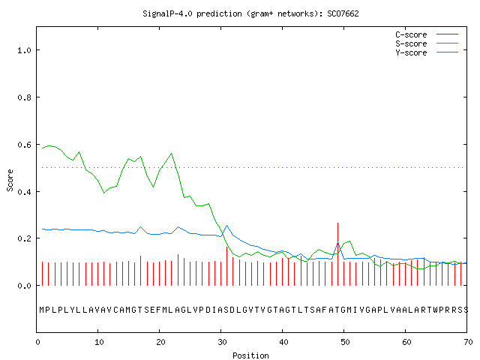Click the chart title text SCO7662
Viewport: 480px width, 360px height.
coord(343,13)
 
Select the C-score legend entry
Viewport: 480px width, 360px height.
coord(427,34)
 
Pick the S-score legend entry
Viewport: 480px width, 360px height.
coord(427,43)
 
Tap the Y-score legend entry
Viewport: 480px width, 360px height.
coord(427,52)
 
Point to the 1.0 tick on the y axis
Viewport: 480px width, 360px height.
coord(24,50)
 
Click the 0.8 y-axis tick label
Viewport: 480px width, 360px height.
coord(24,97)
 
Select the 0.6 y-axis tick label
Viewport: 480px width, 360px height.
coord(24,145)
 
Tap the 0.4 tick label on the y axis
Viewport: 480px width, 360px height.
coord(24,192)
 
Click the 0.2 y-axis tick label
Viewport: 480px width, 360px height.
coord(24,238)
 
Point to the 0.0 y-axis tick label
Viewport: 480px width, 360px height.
coord(24,286)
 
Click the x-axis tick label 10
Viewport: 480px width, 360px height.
coord(99,342)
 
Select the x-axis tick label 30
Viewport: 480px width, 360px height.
coord(222,342)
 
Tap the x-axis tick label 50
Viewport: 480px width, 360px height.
coord(345,342)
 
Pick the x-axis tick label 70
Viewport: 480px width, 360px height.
coord(468,342)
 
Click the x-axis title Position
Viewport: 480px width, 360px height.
coord(250,355)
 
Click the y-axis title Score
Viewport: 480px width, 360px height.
coord(10,180)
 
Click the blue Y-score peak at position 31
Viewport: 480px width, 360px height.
coord(226,226)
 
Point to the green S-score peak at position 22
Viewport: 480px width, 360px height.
coord(172,153)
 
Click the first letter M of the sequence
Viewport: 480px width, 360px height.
coord(42,310)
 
